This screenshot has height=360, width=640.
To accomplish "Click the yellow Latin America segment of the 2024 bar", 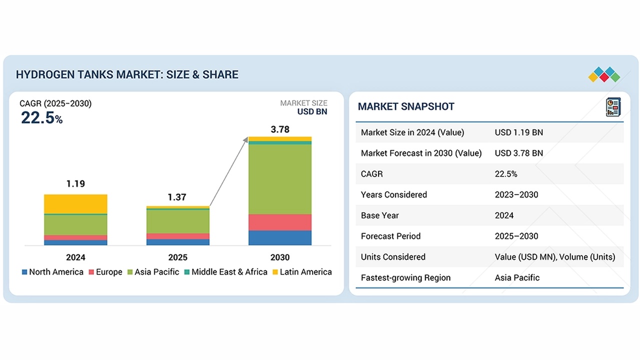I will (75, 203).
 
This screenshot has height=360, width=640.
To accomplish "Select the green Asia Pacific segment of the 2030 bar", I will (280, 179).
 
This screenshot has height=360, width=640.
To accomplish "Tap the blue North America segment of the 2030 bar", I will (280, 238).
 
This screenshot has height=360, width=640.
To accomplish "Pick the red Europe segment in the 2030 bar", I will (280, 222).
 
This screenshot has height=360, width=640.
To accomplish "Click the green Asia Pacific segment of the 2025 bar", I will (178, 221).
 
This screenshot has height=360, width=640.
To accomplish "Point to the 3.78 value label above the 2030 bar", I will (280, 129).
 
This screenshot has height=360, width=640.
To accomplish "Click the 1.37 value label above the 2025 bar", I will (177, 197).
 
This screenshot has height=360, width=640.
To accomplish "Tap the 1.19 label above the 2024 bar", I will (75, 184).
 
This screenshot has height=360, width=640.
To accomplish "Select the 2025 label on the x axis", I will (178, 257).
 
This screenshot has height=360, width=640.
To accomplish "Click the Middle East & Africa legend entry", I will (225, 272).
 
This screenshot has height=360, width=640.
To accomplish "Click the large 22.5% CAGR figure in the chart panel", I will (41, 118).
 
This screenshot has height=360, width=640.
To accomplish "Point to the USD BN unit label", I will (312, 111).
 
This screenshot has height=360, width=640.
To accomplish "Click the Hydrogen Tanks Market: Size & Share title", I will (127, 74).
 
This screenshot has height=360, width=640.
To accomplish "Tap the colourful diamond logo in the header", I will (604, 75).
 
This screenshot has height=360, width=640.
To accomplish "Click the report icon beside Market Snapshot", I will (612, 107).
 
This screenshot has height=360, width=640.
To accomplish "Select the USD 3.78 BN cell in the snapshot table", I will (519, 153).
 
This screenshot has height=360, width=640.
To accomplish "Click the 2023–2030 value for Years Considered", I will (516, 194).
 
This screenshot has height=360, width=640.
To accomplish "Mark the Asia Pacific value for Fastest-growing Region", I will (517, 277).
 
